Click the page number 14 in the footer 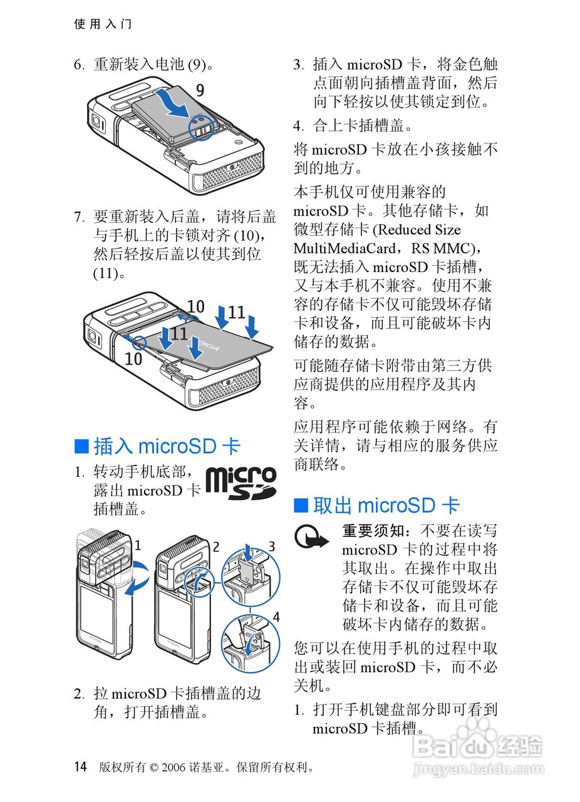click(x=80, y=766)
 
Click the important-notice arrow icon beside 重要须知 click(x=313, y=538)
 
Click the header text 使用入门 click(x=103, y=24)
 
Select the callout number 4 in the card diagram click(x=276, y=616)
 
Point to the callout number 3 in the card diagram click(x=272, y=546)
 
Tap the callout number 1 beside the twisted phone click(x=138, y=545)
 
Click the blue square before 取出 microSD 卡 click(x=301, y=506)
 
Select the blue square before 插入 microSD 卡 click(x=81, y=446)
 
